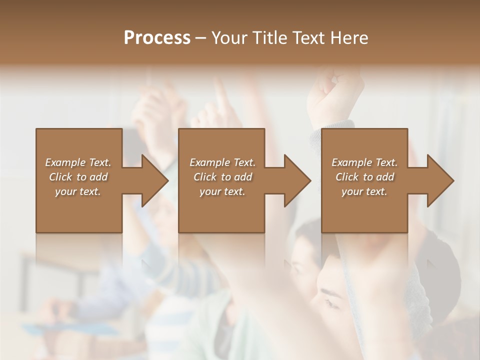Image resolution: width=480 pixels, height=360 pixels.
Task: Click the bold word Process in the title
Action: pos(157,38)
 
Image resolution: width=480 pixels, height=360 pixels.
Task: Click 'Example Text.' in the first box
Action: pos(78,162)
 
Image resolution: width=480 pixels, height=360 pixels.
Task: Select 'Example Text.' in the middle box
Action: pos(222,162)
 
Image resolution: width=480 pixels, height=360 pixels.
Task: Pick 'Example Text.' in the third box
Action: pos(364,162)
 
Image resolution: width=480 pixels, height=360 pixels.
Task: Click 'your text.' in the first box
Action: pos(78,191)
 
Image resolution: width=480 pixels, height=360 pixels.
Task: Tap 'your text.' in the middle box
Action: pos(222,191)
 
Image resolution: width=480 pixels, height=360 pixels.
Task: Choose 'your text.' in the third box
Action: pos(364,191)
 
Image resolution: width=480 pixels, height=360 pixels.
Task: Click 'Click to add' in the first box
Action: pos(78,177)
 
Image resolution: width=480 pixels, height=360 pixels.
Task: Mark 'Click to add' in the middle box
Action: pos(222,177)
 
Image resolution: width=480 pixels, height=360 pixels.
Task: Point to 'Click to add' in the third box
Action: pos(364,177)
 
